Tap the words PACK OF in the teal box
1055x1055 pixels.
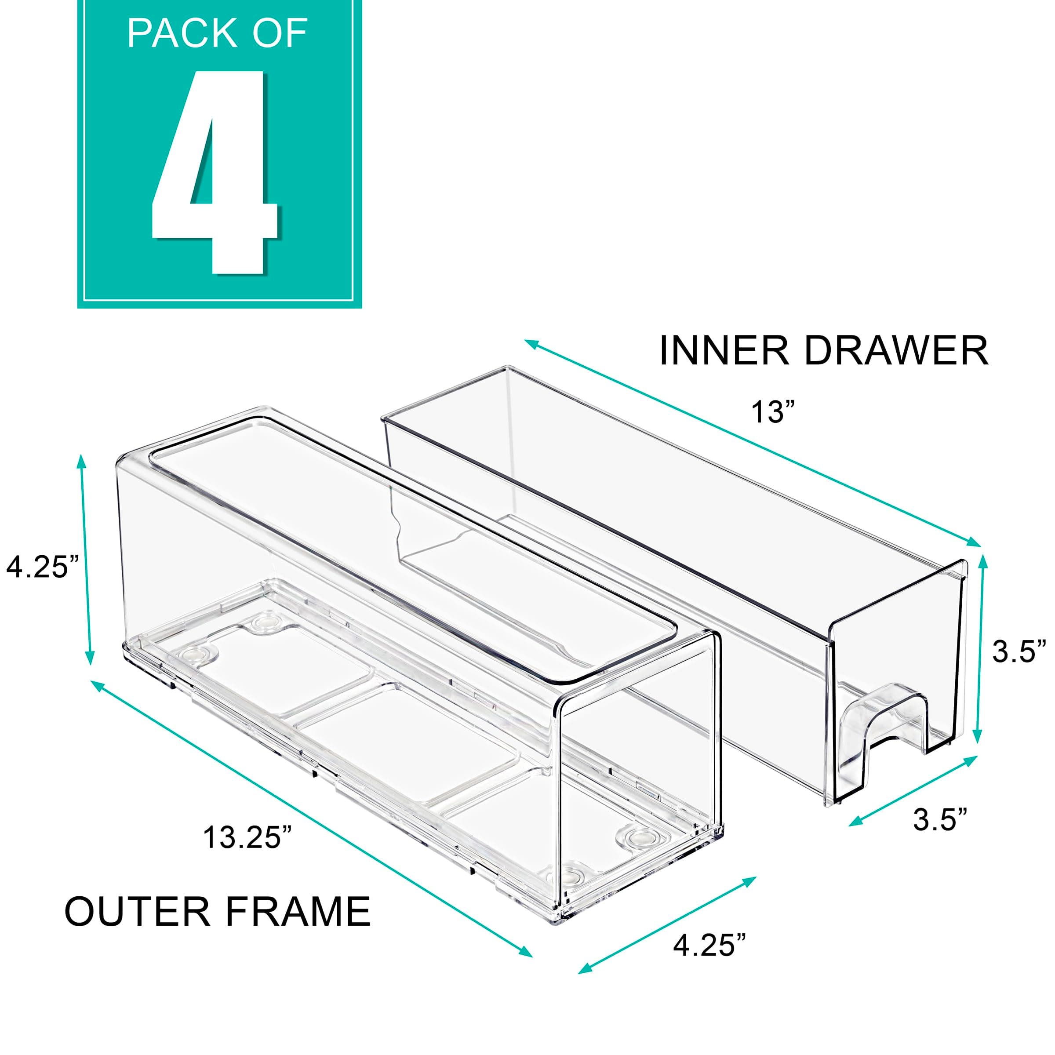[x=217, y=34]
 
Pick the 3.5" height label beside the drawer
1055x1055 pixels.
[x=1019, y=651]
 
